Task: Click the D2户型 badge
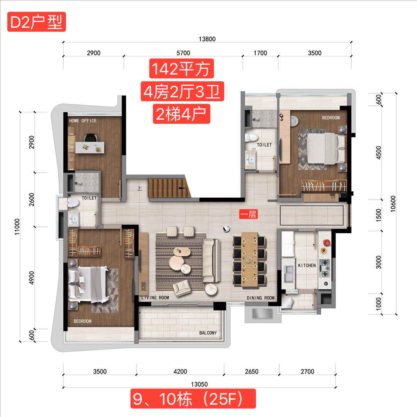[36, 22]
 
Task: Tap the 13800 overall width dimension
[207, 39]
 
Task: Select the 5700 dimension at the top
[183, 53]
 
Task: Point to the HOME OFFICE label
[83, 121]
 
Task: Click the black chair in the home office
[90, 137]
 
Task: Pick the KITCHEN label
[307, 265]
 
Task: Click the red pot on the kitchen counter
[327, 242]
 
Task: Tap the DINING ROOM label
[261, 298]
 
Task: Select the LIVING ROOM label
[155, 298]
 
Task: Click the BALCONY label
[208, 333]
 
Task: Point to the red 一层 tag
[248, 214]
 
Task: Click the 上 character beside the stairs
[139, 188]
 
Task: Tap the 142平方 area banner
[181, 69]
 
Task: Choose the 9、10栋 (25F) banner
[193, 398]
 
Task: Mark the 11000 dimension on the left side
[17, 227]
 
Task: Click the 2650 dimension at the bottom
[252, 371]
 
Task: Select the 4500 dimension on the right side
[378, 153]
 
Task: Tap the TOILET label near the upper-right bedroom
[264, 145]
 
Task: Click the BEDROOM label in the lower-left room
[83, 321]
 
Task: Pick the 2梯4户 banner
[181, 114]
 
